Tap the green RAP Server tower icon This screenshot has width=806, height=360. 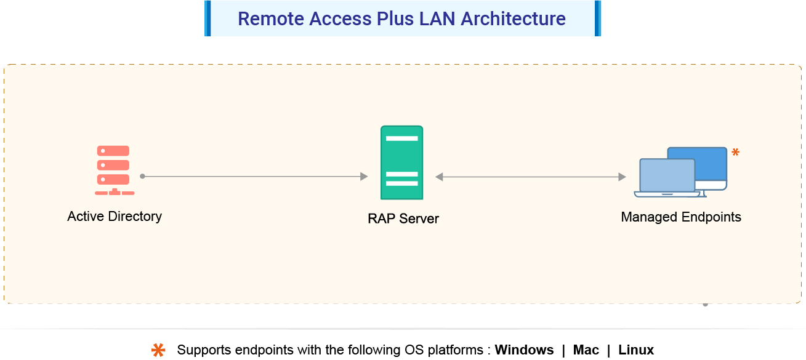[x=401, y=162]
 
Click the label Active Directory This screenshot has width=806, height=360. [x=115, y=216]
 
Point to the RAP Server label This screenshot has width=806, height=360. [x=403, y=218]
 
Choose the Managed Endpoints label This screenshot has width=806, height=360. [x=681, y=217]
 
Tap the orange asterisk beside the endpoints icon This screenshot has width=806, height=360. [x=735, y=152]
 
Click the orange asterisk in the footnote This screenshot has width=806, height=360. [x=159, y=350]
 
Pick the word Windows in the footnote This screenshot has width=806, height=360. [x=524, y=350]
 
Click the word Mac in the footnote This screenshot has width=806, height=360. [x=586, y=350]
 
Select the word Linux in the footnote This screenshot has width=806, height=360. [x=636, y=350]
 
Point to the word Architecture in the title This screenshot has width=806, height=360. [x=513, y=18]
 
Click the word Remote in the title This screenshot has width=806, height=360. [x=271, y=18]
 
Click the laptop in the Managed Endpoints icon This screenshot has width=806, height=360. [x=667, y=178]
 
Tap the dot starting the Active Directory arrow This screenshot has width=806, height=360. [x=142, y=177]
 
